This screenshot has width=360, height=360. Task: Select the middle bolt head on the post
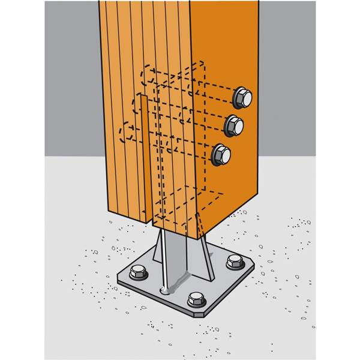click(235, 126)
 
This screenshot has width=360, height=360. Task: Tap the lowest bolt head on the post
click(221, 154)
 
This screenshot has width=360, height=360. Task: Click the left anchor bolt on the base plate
click(138, 272)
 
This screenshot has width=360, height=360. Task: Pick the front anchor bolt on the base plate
click(196, 299)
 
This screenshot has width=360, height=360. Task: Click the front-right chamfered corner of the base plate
click(208, 313)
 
